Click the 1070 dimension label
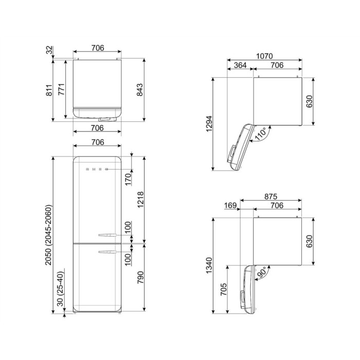(264, 56)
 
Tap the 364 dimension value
(240, 65)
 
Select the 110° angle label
(261, 134)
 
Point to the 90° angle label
(261, 272)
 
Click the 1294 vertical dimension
(209, 124)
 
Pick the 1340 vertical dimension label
(209, 266)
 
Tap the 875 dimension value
(271, 196)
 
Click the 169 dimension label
(230, 205)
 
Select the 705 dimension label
(223, 289)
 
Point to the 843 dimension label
(139, 90)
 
